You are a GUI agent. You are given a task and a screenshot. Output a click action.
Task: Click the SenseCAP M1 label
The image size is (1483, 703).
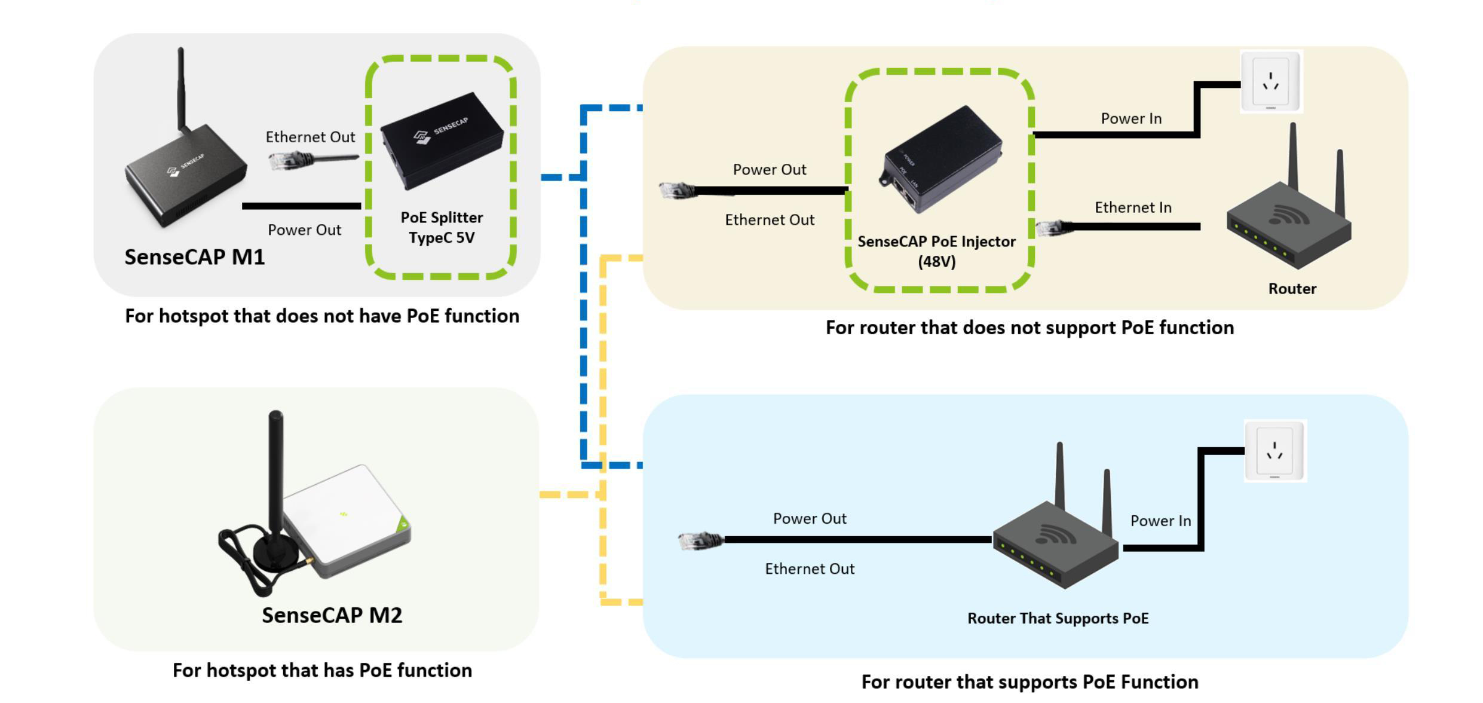point(194,257)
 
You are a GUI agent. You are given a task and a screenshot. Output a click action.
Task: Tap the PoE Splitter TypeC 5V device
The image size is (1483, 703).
point(442,141)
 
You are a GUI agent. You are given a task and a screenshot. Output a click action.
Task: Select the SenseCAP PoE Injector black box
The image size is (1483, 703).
point(940,158)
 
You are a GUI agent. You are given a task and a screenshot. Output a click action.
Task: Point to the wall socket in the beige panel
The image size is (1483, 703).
point(1271,81)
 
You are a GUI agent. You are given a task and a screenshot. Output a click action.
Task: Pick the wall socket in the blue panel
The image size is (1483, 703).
point(1274,451)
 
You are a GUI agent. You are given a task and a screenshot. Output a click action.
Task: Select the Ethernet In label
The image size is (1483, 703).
point(1133,207)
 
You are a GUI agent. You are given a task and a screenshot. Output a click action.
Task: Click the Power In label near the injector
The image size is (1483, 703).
point(1131,118)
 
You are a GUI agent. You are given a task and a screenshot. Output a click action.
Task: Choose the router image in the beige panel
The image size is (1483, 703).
point(1289,221)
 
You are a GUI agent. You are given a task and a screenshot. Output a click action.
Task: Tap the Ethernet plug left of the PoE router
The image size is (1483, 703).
point(700,540)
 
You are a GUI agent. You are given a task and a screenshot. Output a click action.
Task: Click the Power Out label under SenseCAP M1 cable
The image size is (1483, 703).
point(304,230)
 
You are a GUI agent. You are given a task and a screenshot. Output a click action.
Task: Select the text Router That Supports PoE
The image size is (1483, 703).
point(1058,618)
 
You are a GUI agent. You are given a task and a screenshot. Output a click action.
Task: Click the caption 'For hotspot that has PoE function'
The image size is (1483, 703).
point(322,670)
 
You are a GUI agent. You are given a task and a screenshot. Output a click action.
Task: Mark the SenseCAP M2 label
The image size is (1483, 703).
point(332,615)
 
